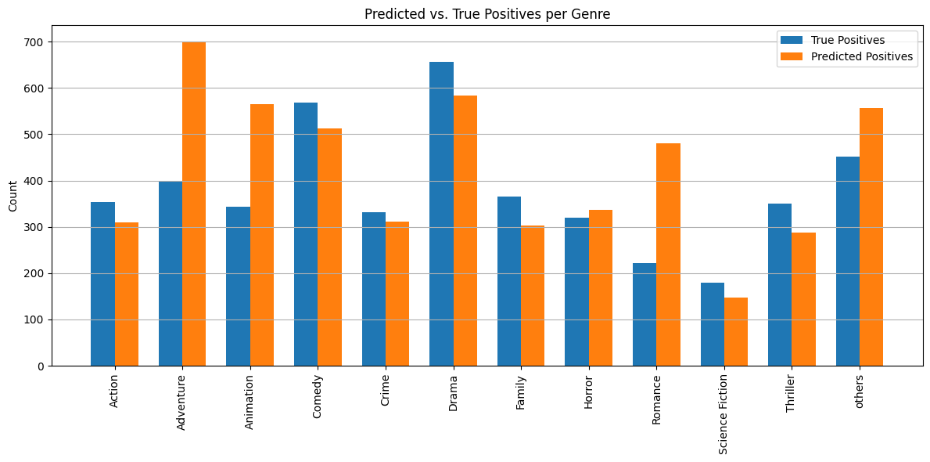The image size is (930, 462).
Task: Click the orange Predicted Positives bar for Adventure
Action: click(194, 204)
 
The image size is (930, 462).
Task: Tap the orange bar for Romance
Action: click(669, 254)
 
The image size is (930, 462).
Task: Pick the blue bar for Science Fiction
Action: click(713, 324)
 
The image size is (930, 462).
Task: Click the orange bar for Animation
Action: click(262, 235)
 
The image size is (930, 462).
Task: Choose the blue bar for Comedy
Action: click(306, 234)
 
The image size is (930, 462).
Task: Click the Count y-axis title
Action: click(13, 196)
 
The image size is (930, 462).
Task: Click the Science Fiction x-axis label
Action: click(724, 414)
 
